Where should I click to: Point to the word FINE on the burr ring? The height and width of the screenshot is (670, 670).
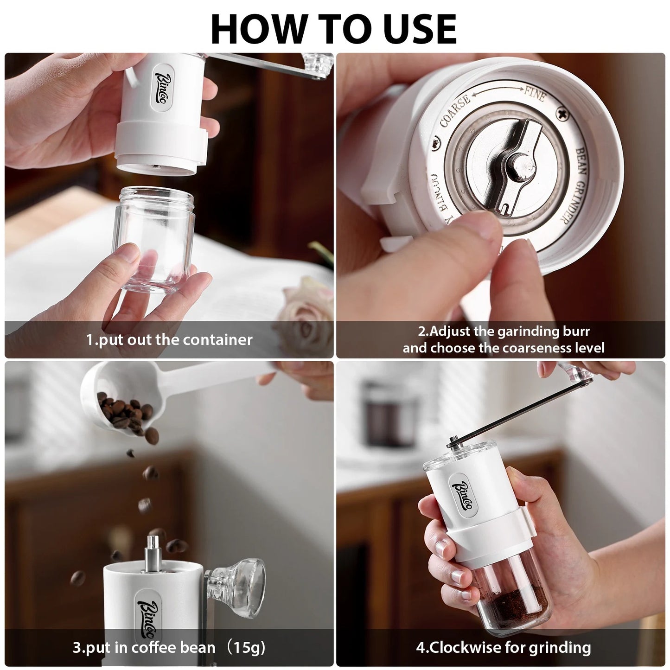tap(535, 94)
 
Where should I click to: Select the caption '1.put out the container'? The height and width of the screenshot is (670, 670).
tap(169, 340)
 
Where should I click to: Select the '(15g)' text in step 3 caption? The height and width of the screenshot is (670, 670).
tap(245, 647)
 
